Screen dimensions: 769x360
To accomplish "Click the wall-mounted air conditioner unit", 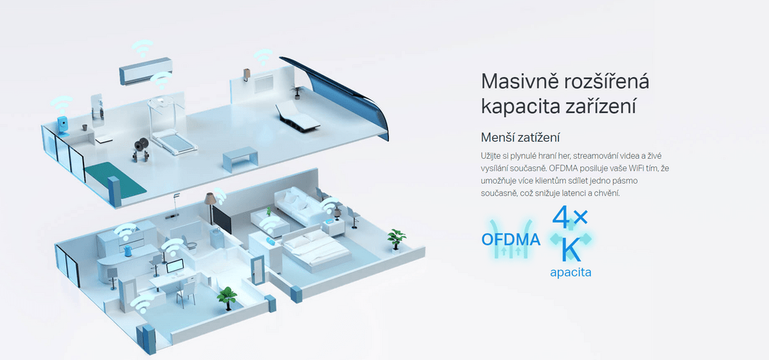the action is click(146, 70).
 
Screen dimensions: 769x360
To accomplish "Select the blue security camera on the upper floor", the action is click(62, 126).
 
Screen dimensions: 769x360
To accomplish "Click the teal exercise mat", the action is click(115, 179).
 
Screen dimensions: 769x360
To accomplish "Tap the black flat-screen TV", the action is click(221, 218).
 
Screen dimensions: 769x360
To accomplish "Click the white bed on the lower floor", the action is click(316, 248).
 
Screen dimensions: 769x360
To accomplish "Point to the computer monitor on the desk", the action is click(175, 266).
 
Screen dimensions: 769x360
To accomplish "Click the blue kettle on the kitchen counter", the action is click(128, 252).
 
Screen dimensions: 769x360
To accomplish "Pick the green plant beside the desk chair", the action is click(226, 298).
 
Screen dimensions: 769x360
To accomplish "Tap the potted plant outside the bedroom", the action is click(396, 240).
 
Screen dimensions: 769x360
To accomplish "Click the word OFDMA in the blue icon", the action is click(511, 240).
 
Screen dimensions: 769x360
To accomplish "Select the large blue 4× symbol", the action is click(570, 217).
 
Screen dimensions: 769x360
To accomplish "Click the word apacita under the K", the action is click(570, 272).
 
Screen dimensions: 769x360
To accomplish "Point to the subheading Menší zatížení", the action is click(521, 137).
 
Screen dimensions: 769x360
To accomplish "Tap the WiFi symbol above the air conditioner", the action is click(141, 48).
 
